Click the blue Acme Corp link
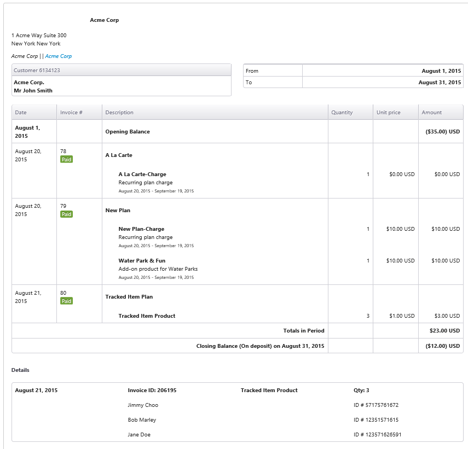click(58, 56)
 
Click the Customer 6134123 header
click(37, 71)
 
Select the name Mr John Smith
click(33, 91)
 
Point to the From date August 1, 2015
click(441, 71)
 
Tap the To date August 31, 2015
click(440, 82)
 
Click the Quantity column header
click(342, 113)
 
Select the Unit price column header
click(388, 113)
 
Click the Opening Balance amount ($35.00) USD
click(443, 131)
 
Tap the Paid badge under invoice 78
click(67, 160)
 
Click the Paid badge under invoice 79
click(67, 214)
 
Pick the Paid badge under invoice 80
click(67, 301)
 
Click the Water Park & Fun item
click(142, 260)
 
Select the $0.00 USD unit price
click(402, 174)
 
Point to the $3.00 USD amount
click(447, 316)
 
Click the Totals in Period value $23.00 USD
click(444, 331)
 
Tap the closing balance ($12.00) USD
click(443, 346)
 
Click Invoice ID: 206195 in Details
click(152, 390)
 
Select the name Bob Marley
click(142, 420)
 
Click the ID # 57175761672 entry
click(376, 405)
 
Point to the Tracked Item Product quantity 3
click(368, 316)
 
